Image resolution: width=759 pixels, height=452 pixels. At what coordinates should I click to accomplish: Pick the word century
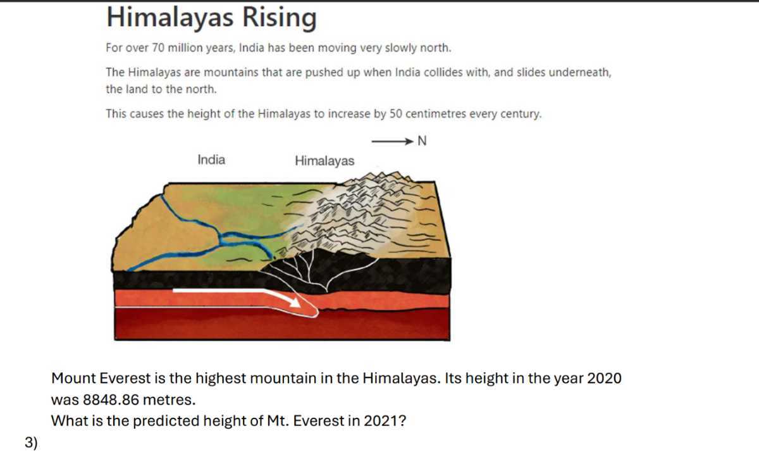click(x=521, y=115)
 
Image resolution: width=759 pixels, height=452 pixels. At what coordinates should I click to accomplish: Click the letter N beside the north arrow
click(x=423, y=141)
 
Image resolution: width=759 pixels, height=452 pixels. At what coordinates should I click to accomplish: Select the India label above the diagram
click(x=211, y=160)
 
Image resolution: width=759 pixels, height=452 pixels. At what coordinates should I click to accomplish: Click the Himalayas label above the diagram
click(x=324, y=161)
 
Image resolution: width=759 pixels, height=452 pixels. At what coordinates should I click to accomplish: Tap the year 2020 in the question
click(x=604, y=379)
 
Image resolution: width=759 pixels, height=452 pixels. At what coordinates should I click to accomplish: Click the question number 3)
click(x=32, y=443)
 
